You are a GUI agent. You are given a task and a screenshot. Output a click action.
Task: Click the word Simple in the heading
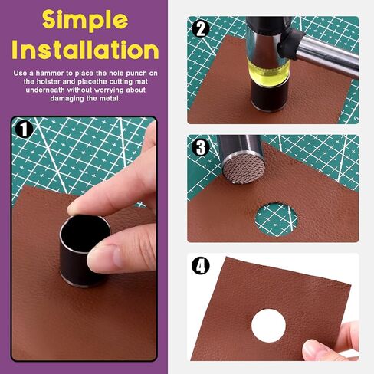(85, 21)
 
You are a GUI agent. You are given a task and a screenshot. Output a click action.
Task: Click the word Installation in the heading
(85, 50)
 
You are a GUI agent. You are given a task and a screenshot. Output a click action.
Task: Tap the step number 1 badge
(24, 130)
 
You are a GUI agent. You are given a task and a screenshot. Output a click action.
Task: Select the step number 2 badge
(201, 29)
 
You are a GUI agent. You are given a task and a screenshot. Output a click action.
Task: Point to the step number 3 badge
(201, 147)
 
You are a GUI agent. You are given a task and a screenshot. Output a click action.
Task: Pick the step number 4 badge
(201, 265)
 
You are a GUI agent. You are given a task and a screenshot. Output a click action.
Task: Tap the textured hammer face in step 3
(244, 169)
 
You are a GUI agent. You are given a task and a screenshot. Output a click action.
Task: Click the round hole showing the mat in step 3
(277, 219)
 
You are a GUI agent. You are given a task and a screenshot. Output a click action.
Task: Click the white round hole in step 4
(268, 325)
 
